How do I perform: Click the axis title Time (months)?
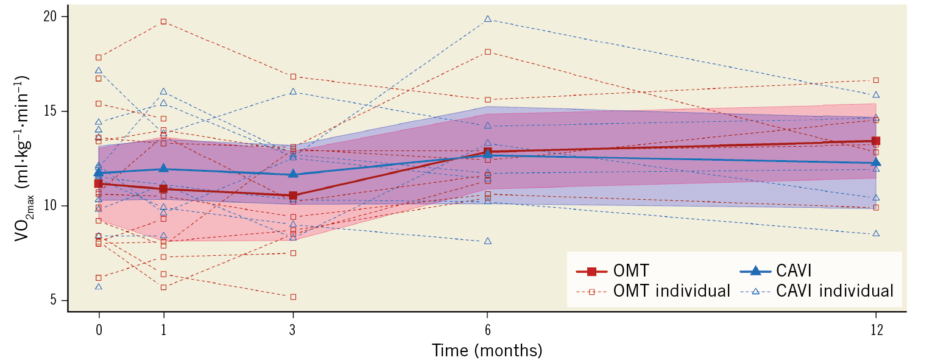pos(487,350)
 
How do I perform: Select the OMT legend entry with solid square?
pos(612,270)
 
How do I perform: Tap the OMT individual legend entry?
pos(652,291)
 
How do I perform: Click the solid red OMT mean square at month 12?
pos(876,141)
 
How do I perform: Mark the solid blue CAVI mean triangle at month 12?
pos(876,162)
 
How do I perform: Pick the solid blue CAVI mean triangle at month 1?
pos(163,168)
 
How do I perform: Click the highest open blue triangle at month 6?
pos(487,19)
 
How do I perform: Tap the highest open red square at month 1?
pos(163,21)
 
